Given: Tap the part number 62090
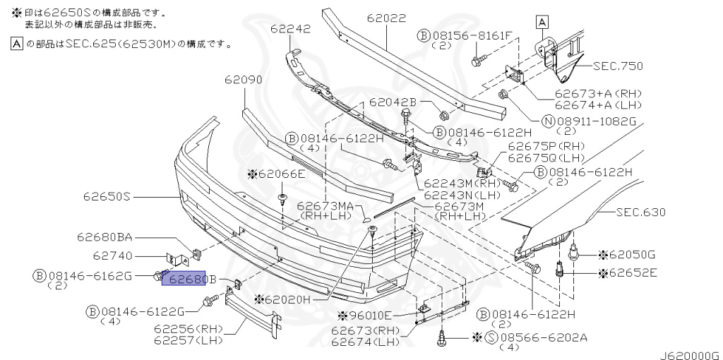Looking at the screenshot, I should (x=243, y=80).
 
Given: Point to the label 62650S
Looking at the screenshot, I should (x=107, y=196).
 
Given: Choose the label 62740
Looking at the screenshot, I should (x=114, y=256).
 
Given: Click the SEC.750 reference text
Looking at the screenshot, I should (x=617, y=66).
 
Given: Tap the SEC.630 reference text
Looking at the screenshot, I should (x=640, y=211).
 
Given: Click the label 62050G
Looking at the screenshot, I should (x=631, y=253).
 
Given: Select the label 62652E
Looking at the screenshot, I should (x=631, y=272).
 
